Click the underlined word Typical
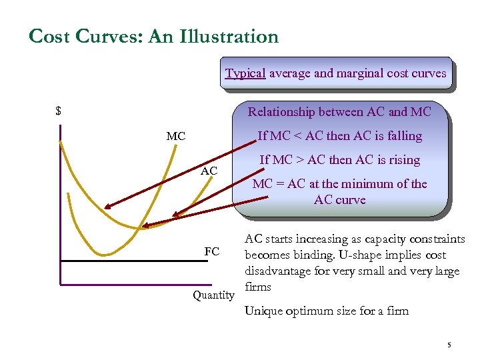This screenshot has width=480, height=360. point(245,73)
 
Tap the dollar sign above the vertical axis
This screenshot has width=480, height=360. point(59,111)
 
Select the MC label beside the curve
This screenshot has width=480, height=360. point(176,137)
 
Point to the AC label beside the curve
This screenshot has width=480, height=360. point(209,171)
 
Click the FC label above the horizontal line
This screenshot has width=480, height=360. point(211,251)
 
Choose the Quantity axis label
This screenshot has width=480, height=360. point(213,295)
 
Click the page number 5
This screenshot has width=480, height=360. point(449,345)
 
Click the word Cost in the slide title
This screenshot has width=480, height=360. point(51,36)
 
